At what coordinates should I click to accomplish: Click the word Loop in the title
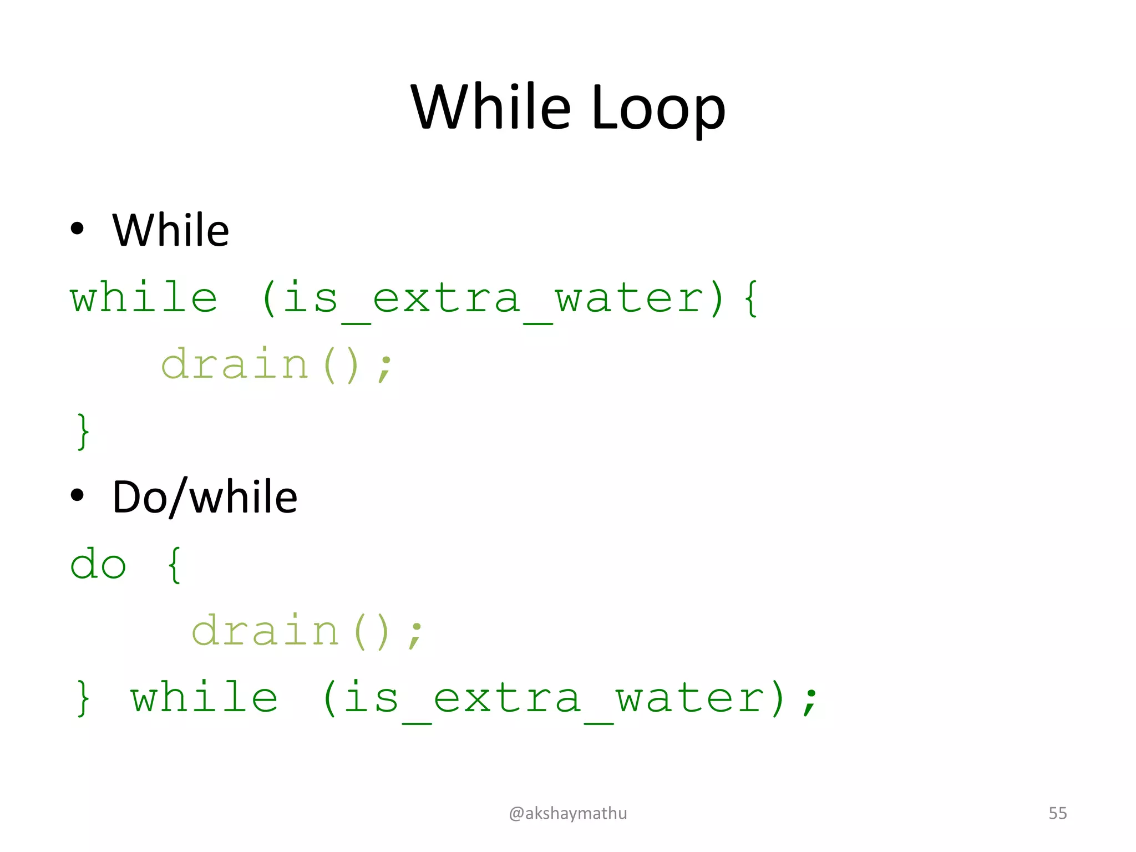point(658,108)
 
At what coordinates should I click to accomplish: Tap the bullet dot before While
point(77,228)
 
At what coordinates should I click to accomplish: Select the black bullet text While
point(170,230)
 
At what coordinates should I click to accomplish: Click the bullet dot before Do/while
point(77,495)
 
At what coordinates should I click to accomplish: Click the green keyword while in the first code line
point(144,298)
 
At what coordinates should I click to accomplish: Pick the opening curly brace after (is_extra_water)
point(752,298)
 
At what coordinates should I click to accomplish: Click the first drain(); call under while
point(277,364)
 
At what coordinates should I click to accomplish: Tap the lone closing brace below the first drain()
point(83,431)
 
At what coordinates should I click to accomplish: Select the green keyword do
point(98,565)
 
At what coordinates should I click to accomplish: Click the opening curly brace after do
point(174,565)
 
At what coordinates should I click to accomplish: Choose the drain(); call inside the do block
point(307,631)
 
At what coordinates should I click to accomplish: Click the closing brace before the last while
point(83,698)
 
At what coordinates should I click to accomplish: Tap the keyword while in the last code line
point(204,698)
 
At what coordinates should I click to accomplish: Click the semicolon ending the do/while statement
point(811,700)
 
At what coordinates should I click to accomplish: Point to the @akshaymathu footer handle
point(568,813)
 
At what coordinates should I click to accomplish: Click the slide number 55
point(1057,813)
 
